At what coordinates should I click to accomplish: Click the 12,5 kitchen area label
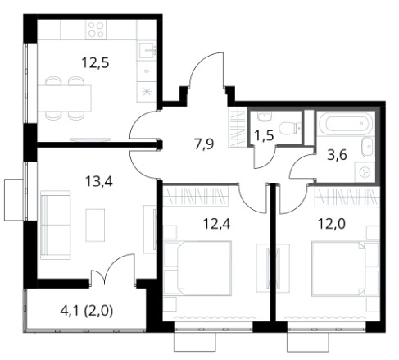click(95, 62)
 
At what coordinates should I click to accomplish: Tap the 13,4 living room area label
click(99, 181)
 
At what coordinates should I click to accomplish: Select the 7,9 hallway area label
click(204, 144)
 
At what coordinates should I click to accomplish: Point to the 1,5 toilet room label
click(264, 135)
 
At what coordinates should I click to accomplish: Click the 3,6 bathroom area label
click(338, 155)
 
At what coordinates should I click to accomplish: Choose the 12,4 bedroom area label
click(217, 224)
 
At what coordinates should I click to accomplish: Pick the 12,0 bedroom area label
click(332, 224)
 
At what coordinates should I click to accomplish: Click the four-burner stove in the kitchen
click(96, 30)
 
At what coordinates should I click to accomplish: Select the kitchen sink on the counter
click(147, 50)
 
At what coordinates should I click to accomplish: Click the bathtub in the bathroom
click(346, 124)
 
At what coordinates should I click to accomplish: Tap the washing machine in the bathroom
click(365, 172)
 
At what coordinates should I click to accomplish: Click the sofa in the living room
click(56, 225)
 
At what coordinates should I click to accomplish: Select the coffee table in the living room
click(95, 226)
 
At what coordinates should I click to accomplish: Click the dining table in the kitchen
click(64, 98)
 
